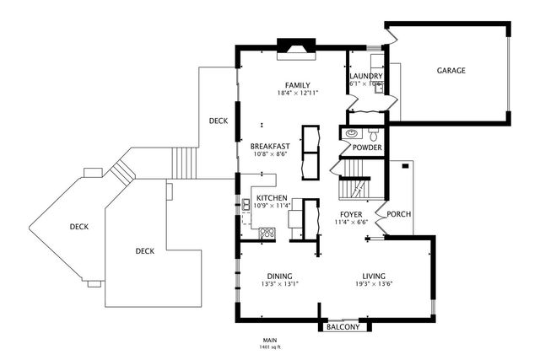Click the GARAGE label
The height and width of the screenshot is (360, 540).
451,71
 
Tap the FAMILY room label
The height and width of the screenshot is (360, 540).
297,85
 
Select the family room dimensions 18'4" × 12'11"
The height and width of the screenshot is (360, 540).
297,93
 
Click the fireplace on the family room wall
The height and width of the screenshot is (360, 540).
297,46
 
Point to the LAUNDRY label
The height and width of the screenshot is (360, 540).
366,78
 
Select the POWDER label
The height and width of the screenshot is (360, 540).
367,148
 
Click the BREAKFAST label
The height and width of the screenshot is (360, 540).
271,146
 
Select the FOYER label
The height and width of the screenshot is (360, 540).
351,214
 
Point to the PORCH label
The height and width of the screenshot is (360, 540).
398,214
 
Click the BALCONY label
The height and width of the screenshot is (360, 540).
343,327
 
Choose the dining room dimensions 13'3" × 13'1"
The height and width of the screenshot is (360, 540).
279,283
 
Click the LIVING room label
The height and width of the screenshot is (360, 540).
374,276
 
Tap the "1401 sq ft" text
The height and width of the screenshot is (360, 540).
270,347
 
